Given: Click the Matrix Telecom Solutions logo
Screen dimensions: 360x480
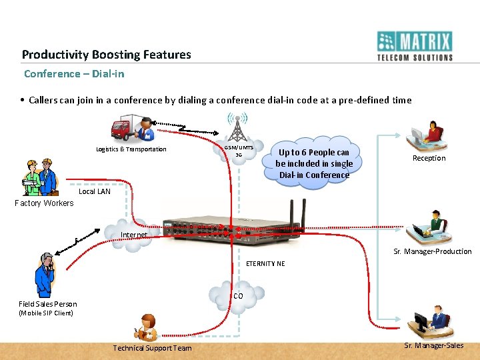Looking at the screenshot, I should pos(415,46).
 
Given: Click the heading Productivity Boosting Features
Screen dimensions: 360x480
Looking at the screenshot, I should pos(106,55).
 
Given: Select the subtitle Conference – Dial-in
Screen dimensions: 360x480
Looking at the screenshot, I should pos(74,73).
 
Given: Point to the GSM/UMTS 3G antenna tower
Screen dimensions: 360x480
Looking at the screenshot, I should pos(237,127).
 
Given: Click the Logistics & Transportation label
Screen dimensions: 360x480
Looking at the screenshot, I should pos(131,149).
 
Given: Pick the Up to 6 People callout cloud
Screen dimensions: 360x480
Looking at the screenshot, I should pos(313,163).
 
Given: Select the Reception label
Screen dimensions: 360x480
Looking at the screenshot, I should pos(429,158).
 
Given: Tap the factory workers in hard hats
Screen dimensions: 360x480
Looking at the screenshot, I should pos(39,177).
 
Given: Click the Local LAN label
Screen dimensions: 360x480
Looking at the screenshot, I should pos(95,191).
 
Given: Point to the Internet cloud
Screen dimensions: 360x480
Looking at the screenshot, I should pos(132,235).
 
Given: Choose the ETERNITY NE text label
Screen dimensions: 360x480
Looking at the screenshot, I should pos(265,263).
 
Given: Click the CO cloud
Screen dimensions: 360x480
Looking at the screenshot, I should pos(237,295).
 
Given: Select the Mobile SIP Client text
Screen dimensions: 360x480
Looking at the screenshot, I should pos(46,313).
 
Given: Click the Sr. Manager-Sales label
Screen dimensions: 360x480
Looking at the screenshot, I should pos(433,345).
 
